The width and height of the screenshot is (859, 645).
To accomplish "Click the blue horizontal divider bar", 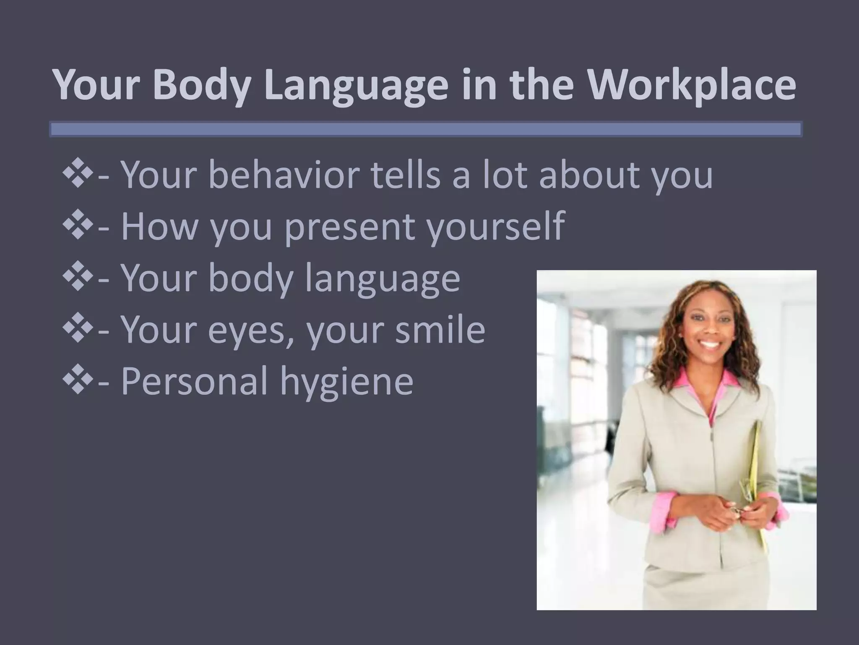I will pos(425,129).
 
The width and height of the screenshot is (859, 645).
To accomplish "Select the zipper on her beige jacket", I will pos(711,470).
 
